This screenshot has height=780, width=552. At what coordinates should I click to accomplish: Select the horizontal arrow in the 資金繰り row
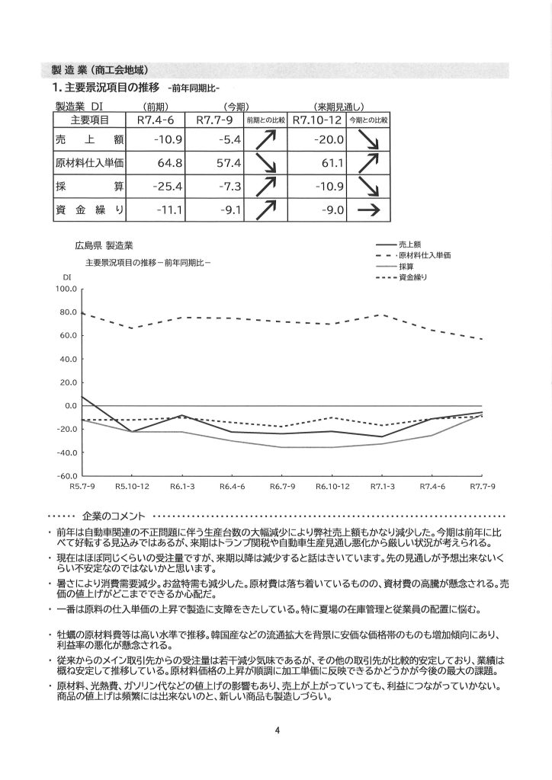pos(369,210)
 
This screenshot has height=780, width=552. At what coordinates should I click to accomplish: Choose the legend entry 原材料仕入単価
pos(424,254)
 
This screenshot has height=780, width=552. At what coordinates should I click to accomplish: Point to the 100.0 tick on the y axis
pos(67,289)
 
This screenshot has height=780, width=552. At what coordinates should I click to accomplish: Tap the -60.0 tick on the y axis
pos(67,476)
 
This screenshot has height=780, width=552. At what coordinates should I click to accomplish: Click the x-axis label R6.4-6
pos(231,486)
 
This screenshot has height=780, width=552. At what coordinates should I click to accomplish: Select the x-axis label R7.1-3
pos(382,486)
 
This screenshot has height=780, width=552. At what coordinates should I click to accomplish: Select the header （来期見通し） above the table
pos(340,106)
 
